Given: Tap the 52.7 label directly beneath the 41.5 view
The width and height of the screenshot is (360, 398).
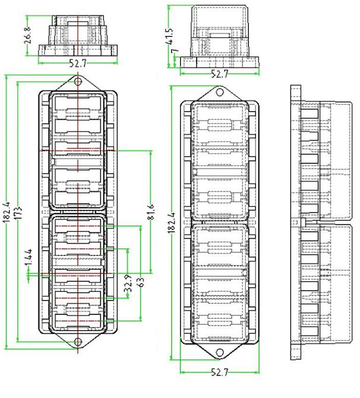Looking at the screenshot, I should pyautogui.click(x=219, y=74).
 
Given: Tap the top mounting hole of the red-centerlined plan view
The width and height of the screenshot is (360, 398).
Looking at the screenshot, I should pyautogui.click(x=78, y=82).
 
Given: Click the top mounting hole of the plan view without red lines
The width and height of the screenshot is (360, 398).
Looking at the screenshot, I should pyautogui.click(x=220, y=92).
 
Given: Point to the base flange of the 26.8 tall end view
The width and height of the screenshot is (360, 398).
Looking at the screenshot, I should pyautogui.click(x=78, y=49).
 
